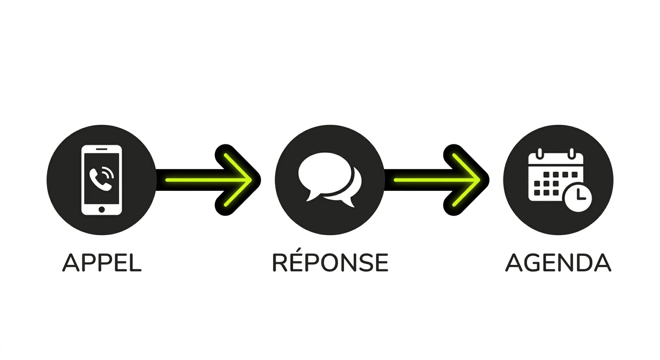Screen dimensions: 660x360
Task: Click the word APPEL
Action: (x=102, y=262)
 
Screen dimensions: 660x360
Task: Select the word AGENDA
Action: (x=558, y=262)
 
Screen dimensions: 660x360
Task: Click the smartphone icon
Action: (x=102, y=180)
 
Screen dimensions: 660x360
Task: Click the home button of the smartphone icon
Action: (x=102, y=210)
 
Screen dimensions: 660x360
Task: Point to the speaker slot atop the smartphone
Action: (x=102, y=149)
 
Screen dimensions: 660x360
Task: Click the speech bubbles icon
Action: (x=330, y=180)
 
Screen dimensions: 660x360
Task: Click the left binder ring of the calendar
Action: (x=540, y=153)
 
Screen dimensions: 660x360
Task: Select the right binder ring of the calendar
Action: (x=571, y=153)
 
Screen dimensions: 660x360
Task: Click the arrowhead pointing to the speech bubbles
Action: (x=238, y=180)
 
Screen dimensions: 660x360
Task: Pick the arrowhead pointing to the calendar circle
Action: (x=466, y=180)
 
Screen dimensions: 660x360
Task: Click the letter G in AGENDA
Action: (x=534, y=262)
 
